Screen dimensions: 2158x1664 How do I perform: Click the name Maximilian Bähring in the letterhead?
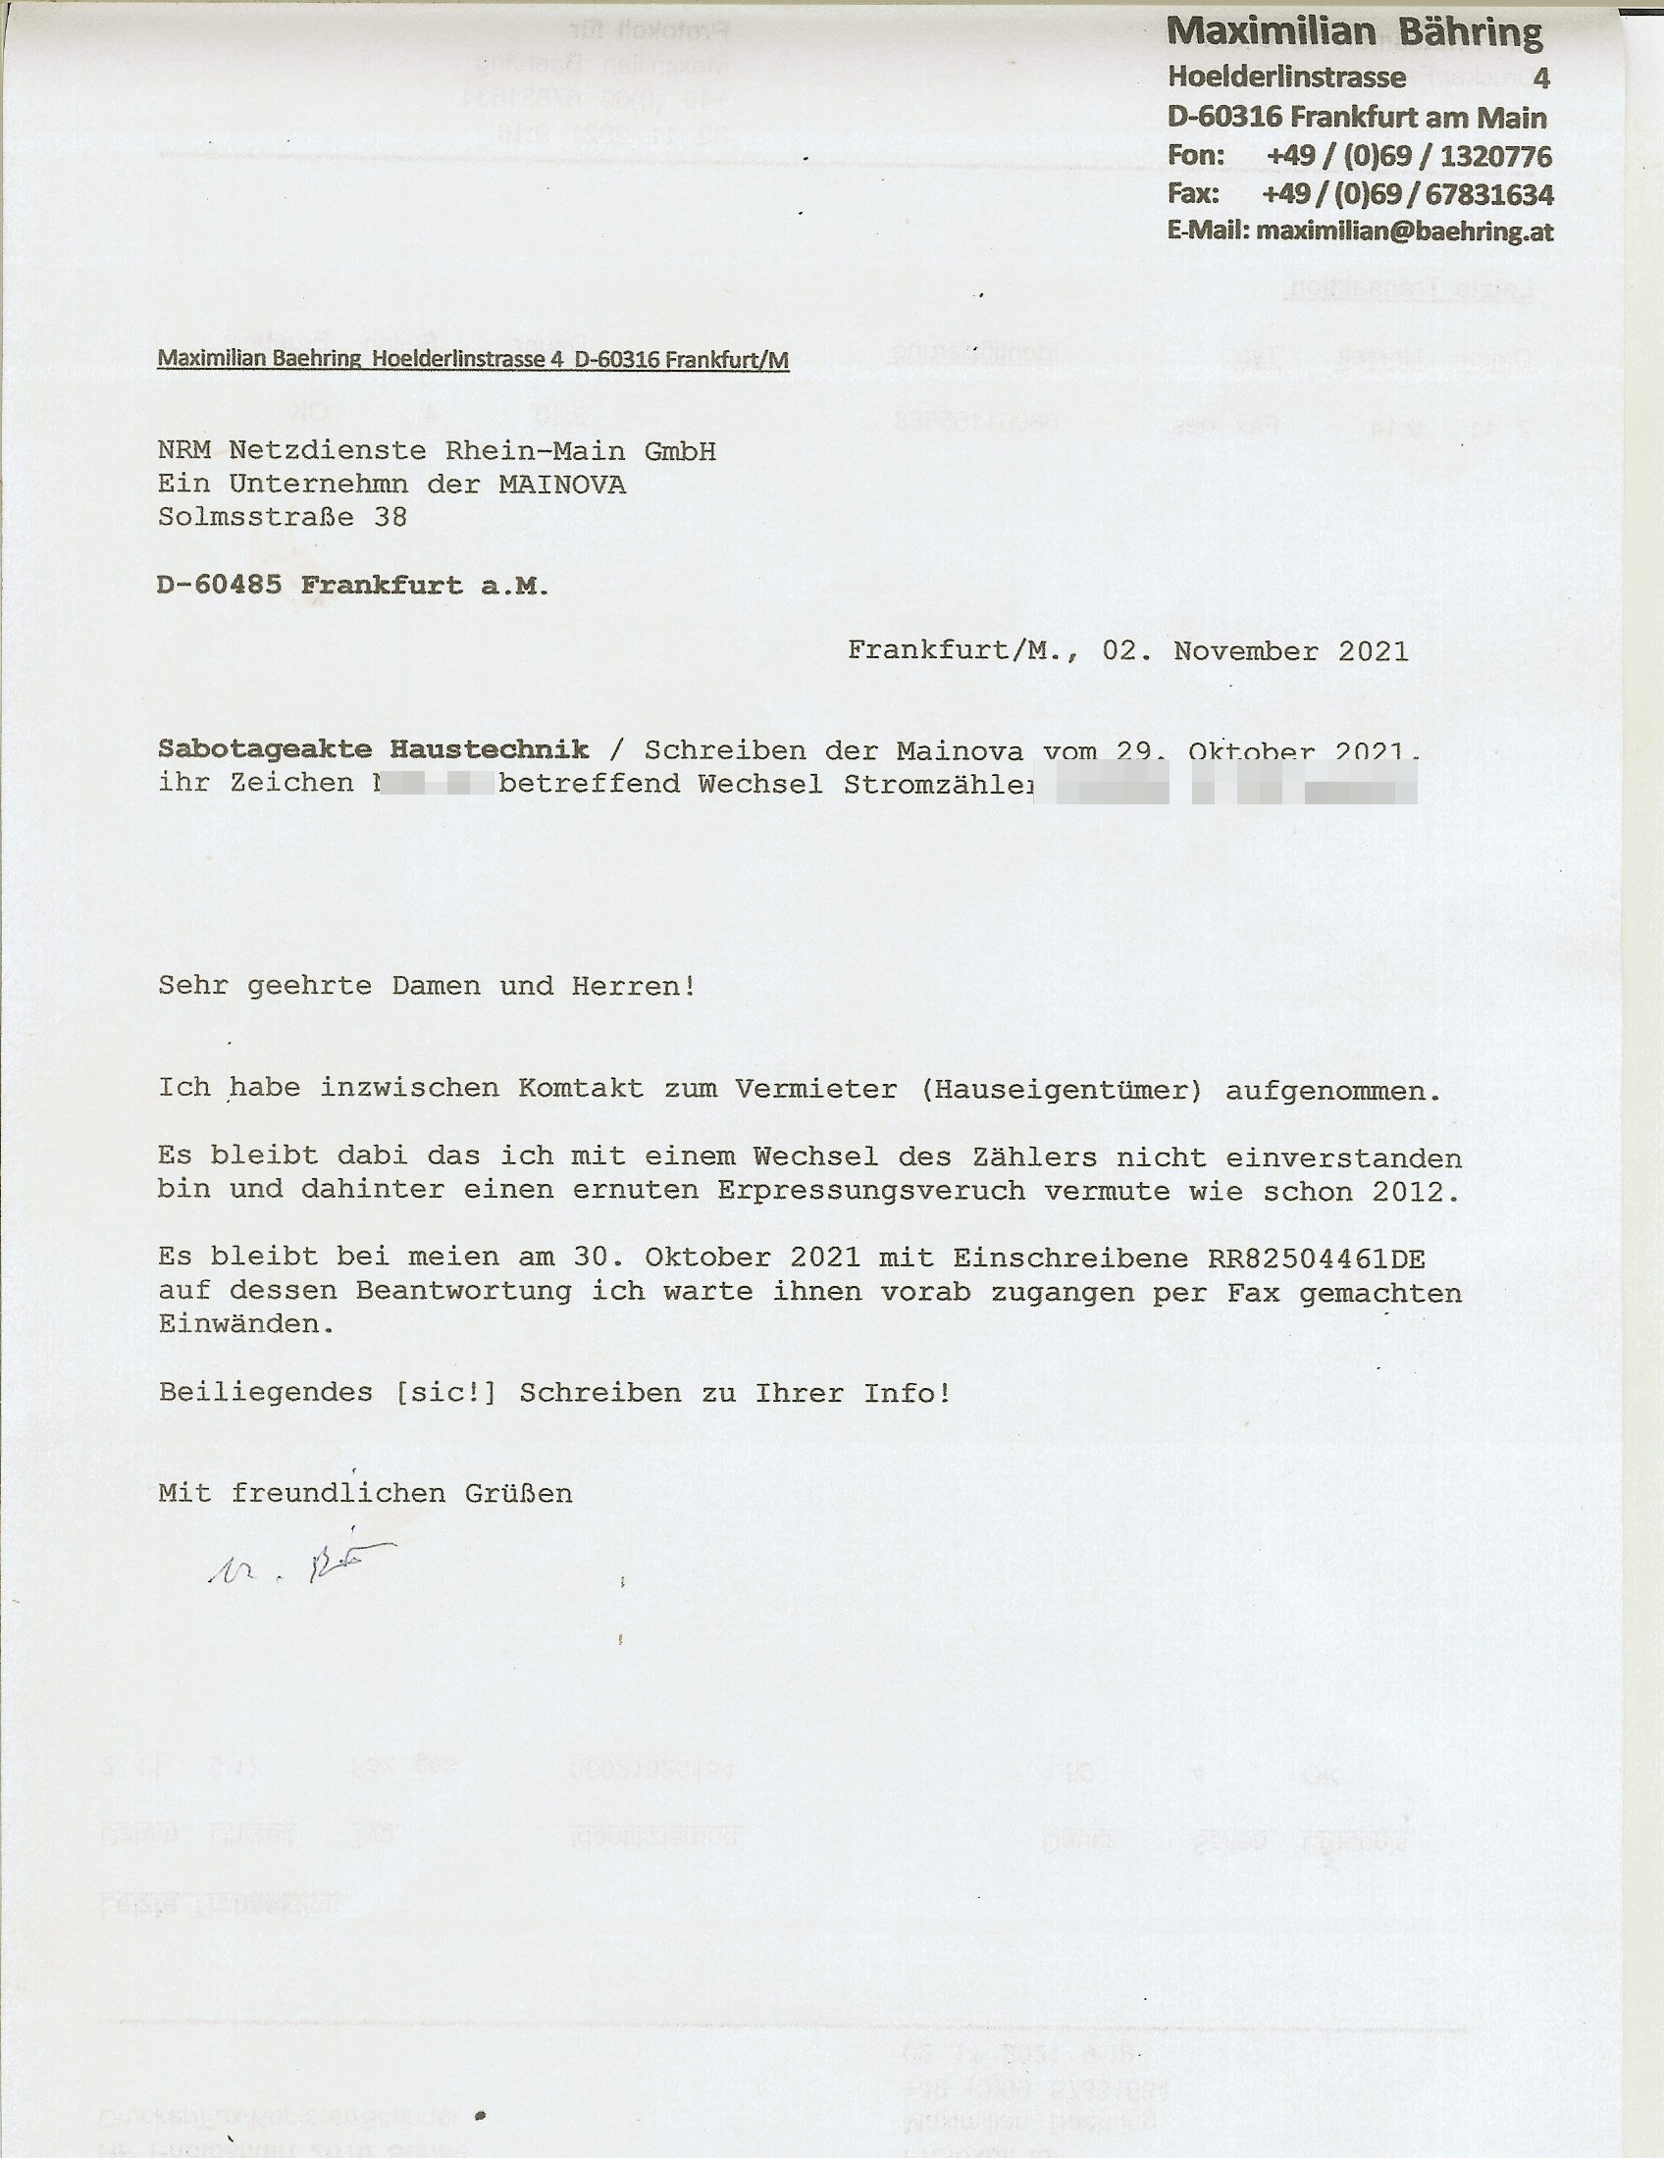[x=1354, y=32]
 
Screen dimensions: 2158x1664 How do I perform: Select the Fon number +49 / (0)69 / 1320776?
[x=1408, y=155]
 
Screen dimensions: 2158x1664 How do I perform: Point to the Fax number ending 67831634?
[x=1407, y=193]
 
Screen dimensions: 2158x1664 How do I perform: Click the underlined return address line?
[x=472, y=360]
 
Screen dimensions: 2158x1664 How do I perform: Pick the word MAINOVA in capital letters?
[x=561, y=485]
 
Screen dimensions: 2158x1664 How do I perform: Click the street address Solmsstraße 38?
[x=282, y=517]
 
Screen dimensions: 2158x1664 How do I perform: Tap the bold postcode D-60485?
[x=220, y=585]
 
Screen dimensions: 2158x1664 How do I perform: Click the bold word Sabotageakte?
[x=265, y=750]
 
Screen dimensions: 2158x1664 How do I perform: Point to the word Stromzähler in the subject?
[x=938, y=784]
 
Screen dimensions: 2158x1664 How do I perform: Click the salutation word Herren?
[x=634, y=986]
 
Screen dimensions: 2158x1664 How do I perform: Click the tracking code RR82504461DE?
[x=1316, y=1258]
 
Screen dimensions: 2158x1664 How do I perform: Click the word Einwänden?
[x=246, y=1324]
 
